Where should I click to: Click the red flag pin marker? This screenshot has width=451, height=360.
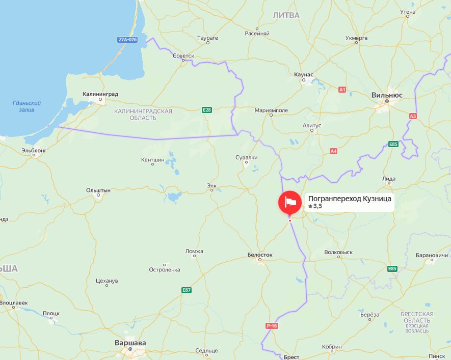[289, 202]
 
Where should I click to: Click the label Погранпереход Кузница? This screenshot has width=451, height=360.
[350, 199]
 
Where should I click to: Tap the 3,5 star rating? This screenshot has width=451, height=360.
[315, 206]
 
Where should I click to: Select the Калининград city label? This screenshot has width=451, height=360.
[100, 94]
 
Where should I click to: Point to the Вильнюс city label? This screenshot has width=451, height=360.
[387, 95]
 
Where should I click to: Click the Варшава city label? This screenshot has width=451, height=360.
[130, 343]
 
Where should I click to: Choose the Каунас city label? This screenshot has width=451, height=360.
[304, 74]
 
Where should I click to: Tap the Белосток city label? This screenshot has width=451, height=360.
[260, 254]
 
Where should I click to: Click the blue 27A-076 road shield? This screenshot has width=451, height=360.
[127, 40]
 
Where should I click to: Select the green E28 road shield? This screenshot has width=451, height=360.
[206, 109]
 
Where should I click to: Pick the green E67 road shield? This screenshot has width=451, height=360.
[187, 290]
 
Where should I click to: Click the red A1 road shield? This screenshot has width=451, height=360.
[342, 90]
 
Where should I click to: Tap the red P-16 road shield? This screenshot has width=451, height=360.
[272, 325]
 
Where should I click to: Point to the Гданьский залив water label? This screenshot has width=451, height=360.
[26, 106]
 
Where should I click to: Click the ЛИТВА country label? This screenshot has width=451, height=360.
[286, 15]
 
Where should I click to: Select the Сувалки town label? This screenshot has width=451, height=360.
[246, 157]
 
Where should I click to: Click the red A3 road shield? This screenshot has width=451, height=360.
[413, 116]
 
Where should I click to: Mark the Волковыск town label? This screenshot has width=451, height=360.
[338, 252]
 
